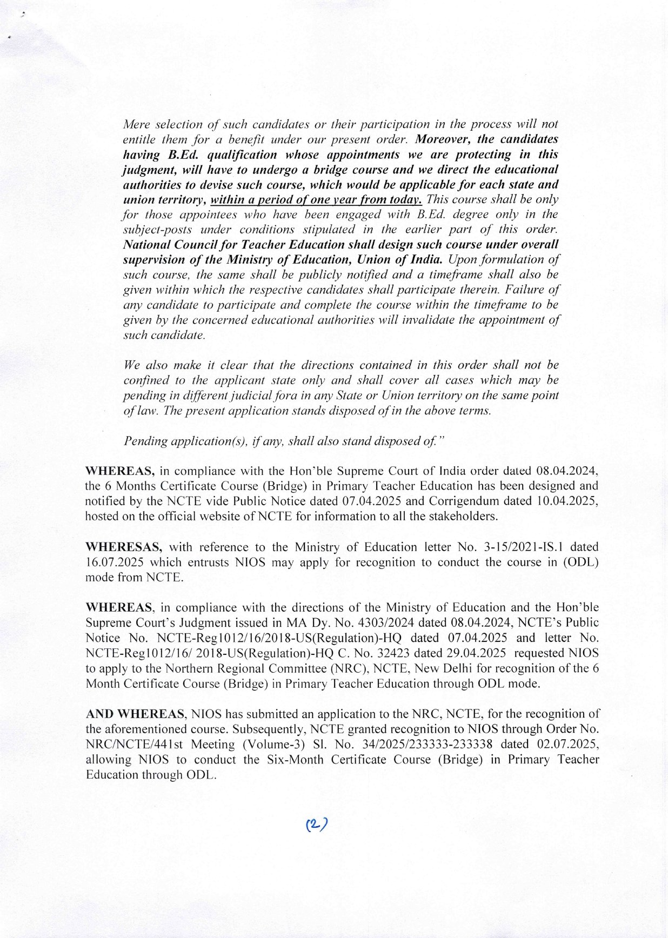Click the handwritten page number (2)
(x=317, y=825)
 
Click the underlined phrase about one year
(x=316, y=200)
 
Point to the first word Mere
(x=136, y=124)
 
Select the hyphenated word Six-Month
(x=296, y=759)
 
